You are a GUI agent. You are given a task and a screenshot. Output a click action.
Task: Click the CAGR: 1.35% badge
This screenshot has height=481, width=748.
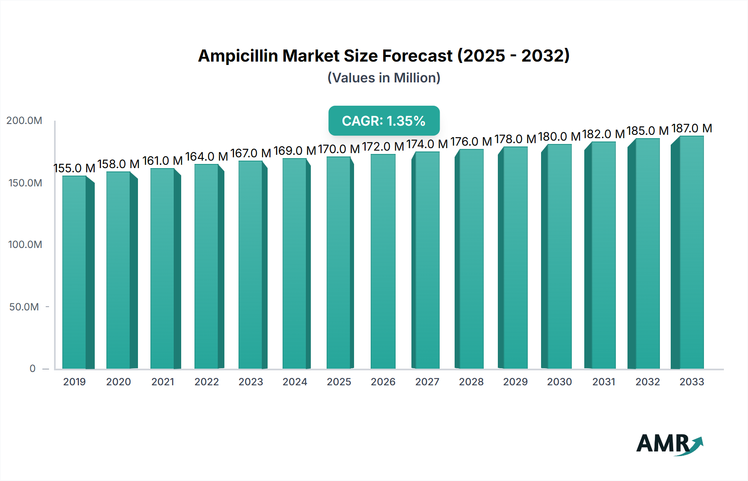(x=384, y=121)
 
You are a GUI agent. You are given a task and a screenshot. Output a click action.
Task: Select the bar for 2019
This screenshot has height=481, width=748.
(x=75, y=273)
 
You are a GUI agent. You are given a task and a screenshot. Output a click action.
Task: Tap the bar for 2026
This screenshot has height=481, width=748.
(x=383, y=262)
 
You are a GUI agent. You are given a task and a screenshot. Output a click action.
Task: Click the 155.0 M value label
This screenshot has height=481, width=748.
(x=74, y=168)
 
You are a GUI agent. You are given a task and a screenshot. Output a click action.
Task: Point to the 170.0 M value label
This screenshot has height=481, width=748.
(x=339, y=149)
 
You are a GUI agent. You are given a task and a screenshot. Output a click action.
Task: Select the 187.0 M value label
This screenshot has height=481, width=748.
(x=691, y=128)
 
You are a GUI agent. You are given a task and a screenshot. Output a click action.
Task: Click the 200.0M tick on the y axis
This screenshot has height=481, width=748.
(x=24, y=121)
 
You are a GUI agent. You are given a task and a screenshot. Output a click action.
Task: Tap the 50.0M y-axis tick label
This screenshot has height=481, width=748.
(x=24, y=307)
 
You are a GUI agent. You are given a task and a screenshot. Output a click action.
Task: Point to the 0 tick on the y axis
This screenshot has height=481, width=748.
(x=32, y=369)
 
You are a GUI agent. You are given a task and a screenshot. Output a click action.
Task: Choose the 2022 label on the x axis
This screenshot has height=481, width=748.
(x=207, y=382)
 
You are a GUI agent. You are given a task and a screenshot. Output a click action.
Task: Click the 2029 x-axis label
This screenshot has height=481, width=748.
(x=515, y=382)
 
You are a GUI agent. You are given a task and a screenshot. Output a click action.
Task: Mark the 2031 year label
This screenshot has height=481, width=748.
(x=603, y=382)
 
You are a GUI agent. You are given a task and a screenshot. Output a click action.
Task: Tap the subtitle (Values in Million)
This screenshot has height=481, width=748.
(x=384, y=78)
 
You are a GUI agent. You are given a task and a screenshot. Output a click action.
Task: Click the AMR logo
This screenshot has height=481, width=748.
(x=669, y=444)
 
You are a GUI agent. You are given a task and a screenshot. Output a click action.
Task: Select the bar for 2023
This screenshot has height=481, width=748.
(x=251, y=265)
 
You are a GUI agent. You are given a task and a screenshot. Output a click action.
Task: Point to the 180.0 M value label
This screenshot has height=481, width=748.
(x=559, y=136)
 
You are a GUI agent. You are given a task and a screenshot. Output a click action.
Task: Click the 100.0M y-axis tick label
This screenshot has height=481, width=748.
(x=25, y=245)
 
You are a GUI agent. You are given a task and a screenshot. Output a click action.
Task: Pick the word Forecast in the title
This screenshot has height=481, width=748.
(x=417, y=56)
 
